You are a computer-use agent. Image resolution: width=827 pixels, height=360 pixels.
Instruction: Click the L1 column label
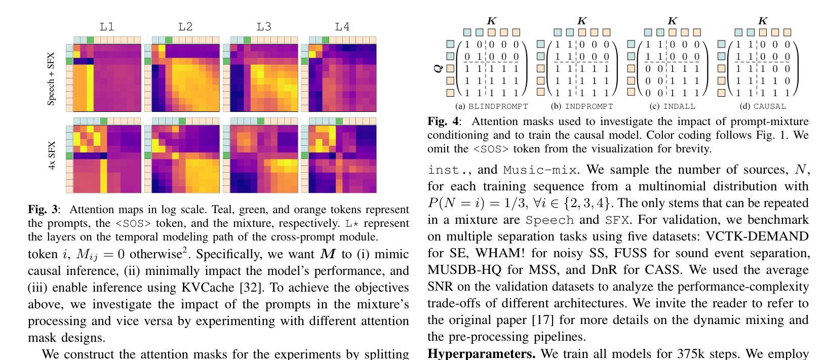coord(107,27)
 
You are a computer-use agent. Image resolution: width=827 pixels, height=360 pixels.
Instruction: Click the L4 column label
coord(342,27)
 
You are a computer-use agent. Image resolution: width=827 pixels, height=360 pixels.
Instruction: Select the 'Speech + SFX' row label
coord(51,78)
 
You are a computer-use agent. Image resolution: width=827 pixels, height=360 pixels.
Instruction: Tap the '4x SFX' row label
coord(52,155)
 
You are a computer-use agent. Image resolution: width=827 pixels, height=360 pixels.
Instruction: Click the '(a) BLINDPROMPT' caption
coord(491,106)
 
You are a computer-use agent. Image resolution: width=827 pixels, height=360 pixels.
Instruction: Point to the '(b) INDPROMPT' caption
coord(582,106)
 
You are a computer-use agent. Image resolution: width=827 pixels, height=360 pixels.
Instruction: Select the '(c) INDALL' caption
coord(673,106)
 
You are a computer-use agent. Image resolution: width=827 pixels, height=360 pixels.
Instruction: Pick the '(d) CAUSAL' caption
coord(763,106)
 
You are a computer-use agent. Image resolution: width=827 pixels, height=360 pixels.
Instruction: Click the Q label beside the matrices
coord(438,68)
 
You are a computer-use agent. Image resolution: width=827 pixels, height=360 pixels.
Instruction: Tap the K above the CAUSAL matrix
coord(763,21)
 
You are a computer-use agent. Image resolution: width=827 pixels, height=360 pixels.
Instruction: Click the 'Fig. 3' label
coord(43,209)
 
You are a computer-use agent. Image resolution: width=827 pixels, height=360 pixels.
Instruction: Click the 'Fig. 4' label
coord(443,122)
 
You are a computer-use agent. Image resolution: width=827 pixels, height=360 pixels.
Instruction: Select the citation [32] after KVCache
coord(252,288)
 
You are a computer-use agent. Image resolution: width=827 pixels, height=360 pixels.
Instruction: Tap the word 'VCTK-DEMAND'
coord(757,236)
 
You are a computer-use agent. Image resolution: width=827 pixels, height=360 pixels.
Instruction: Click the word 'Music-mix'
coord(540,170)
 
